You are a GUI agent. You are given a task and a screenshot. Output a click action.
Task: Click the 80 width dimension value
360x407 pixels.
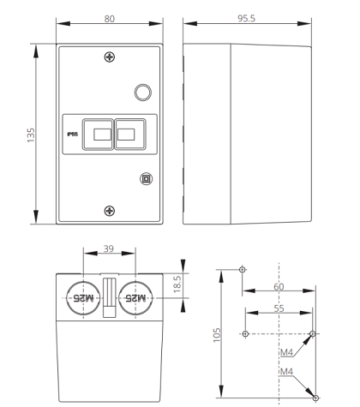(110, 19)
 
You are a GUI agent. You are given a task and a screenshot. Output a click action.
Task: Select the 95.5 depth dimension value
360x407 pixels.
(246, 18)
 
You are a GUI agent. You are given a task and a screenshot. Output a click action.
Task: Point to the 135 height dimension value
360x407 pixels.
(31, 135)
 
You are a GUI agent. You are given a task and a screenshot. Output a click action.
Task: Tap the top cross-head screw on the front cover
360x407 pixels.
(110, 57)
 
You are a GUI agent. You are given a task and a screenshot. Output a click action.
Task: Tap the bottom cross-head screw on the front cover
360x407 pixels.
(110, 211)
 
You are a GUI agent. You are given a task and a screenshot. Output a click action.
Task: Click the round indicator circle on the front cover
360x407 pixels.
(143, 93)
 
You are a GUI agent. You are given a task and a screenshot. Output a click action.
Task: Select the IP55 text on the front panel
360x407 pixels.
(73, 135)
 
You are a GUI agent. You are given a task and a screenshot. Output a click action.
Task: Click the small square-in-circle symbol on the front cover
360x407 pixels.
(146, 179)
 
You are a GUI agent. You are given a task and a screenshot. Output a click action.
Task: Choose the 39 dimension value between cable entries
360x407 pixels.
(109, 248)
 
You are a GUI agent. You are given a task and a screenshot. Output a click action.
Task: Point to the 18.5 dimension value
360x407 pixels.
(177, 284)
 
